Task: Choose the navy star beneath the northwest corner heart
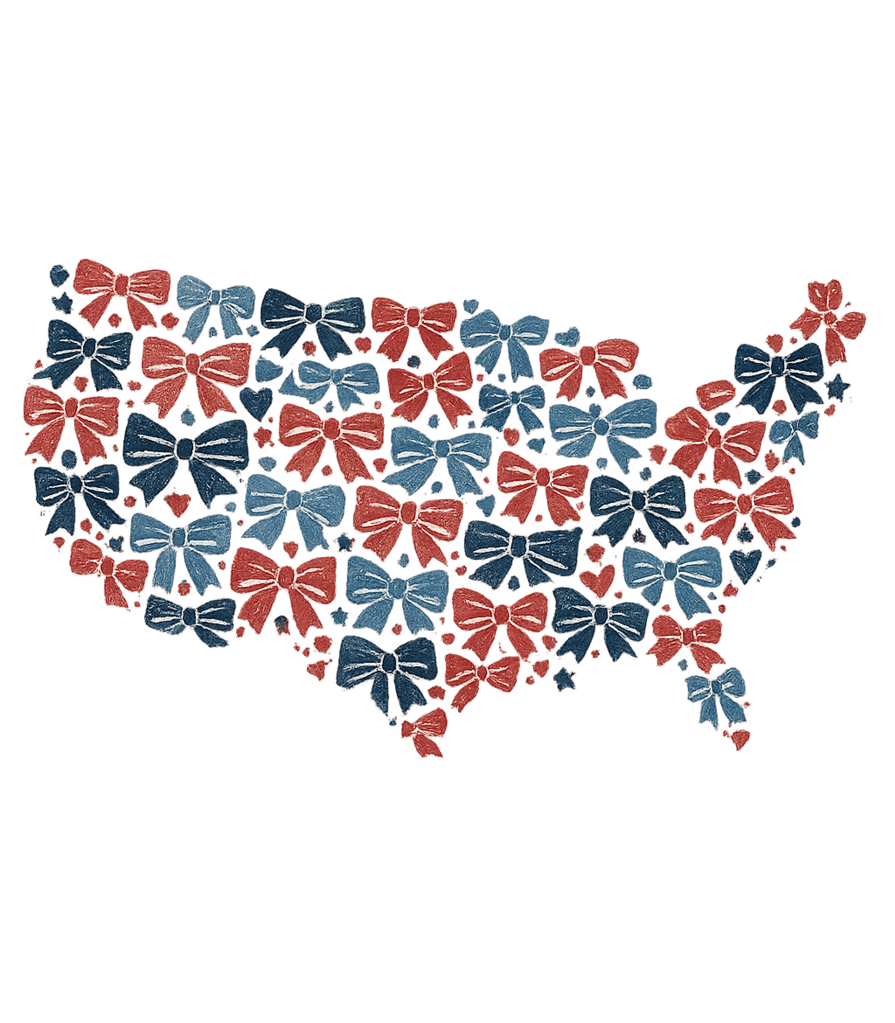(x=64, y=302)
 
